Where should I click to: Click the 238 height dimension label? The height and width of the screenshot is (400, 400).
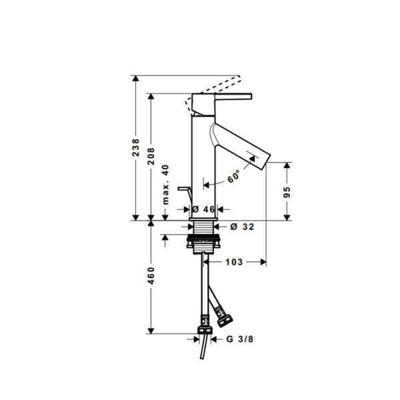136,147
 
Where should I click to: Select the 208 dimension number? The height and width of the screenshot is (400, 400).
151,156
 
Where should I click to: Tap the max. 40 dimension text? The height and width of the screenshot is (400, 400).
166,185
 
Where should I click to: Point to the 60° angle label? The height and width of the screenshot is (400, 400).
234,176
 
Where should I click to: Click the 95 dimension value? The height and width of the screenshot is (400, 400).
287,192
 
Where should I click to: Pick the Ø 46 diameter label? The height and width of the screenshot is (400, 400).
203,209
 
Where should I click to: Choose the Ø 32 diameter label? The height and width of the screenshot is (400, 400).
242,227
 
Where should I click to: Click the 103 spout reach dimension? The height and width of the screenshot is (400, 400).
234,262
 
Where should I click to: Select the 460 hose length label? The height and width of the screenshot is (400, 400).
151,276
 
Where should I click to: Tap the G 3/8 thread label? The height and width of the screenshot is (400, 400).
240,339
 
